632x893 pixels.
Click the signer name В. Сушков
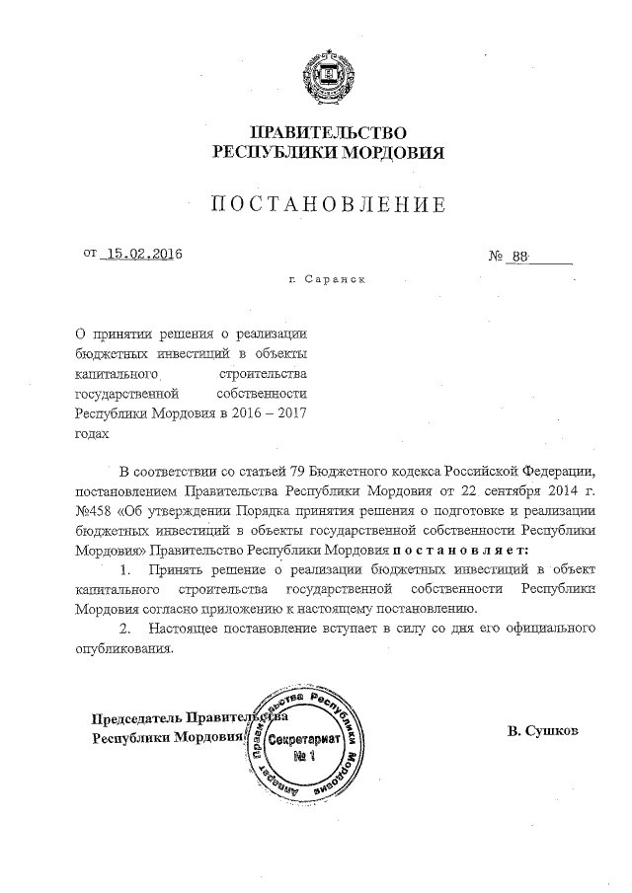[542, 732]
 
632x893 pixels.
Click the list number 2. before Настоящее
[124, 628]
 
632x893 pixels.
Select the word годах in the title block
[92, 431]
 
